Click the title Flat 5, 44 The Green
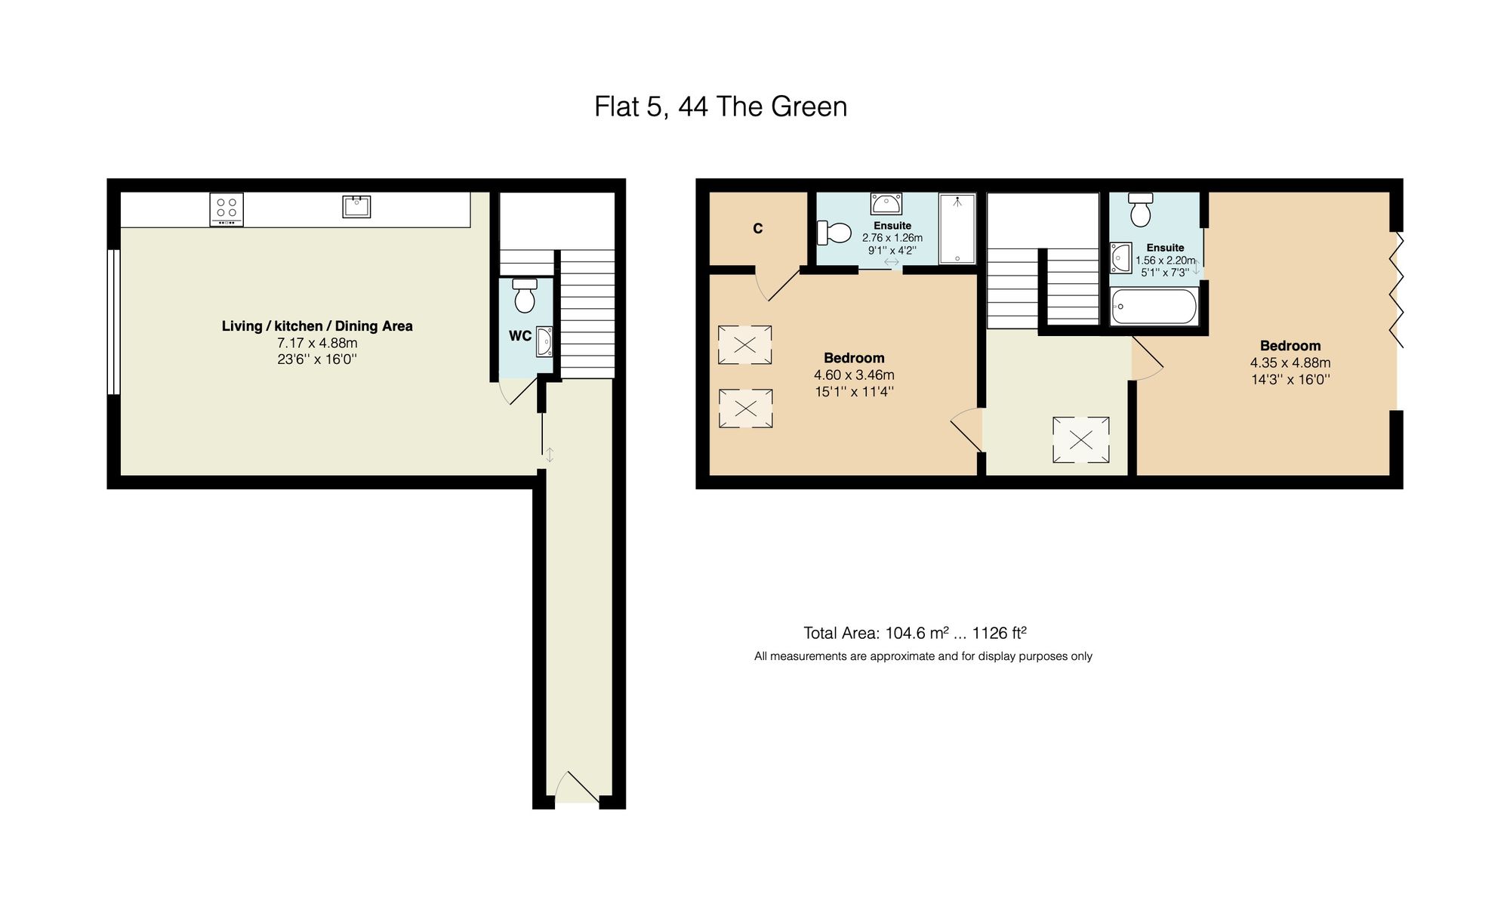point(720,106)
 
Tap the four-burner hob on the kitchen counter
point(226,209)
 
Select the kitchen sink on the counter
point(356,206)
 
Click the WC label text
point(519,336)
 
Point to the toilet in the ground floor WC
point(525,295)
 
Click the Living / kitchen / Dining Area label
point(317,326)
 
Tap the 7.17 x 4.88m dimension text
point(317,343)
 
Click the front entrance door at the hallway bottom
point(577,789)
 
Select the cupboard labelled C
point(757,228)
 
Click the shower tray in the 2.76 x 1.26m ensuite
point(957,228)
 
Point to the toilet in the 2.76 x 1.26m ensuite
point(834,233)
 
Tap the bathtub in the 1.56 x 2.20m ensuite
point(1154,307)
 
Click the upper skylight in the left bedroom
point(744,345)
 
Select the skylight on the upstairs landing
point(1081,439)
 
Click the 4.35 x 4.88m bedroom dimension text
point(1290,363)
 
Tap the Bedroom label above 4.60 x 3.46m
point(854,358)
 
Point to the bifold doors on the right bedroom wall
point(1397,290)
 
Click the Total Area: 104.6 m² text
point(876,634)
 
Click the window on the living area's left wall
point(113,322)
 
